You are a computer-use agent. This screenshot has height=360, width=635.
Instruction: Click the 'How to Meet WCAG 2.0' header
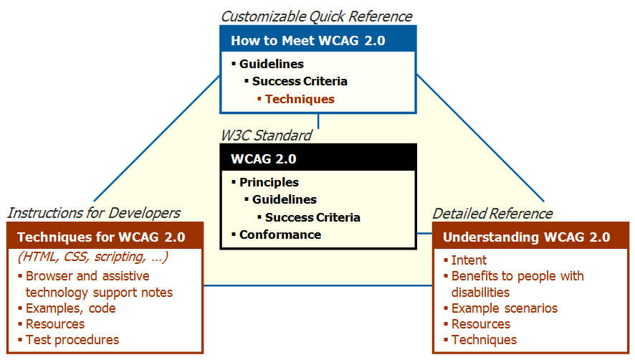tap(308, 41)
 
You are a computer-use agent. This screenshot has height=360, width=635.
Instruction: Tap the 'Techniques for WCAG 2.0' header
tap(101, 237)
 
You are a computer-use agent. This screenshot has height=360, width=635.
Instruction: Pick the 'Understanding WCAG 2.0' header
tap(527, 237)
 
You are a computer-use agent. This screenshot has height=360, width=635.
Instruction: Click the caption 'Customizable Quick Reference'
tap(316, 16)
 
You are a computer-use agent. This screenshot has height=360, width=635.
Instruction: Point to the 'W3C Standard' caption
tap(266, 135)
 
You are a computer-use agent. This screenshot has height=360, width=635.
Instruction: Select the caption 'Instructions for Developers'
tap(93, 213)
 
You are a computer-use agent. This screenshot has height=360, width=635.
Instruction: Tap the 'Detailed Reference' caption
tap(492, 213)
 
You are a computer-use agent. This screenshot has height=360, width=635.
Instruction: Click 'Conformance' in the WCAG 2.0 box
tap(280, 235)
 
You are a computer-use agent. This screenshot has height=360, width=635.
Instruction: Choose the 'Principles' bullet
tap(269, 182)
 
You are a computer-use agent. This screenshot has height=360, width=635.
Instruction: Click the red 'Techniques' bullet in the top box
tap(300, 99)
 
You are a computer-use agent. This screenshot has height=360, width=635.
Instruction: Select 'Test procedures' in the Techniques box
tap(72, 340)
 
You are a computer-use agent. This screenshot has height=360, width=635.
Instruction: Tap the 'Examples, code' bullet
tap(70, 308)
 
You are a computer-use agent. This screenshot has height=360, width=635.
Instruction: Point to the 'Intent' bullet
tap(469, 260)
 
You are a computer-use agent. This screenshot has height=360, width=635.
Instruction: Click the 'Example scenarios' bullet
tap(504, 308)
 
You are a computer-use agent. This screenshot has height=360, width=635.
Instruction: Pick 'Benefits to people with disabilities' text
tap(517, 284)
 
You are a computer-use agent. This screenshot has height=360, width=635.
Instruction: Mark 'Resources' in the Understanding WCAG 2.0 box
tap(480, 324)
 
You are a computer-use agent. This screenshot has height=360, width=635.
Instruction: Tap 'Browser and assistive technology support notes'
tap(98, 284)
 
